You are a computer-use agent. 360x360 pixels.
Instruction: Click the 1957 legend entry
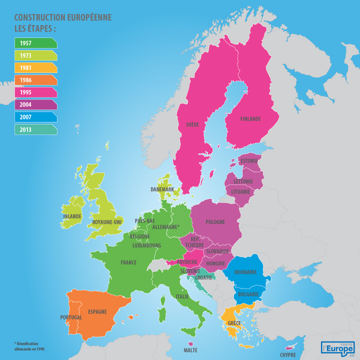point(35,43)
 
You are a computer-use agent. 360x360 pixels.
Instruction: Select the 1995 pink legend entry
point(35,93)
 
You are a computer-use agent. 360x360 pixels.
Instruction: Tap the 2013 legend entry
point(35,130)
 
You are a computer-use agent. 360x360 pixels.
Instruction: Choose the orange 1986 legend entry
point(35,80)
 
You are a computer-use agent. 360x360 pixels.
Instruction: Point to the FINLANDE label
point(250,119)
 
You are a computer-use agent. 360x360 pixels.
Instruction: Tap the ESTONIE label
point(249,161)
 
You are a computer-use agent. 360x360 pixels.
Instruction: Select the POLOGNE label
point(215,222)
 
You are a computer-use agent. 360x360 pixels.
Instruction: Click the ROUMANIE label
point(245,272)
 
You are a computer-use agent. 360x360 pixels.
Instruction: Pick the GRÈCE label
point(234,323)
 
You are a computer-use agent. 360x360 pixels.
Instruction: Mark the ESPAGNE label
point(97,312)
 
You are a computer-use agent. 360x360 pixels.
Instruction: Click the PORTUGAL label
point(71,317)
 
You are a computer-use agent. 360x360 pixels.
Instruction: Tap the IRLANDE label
point(72,217)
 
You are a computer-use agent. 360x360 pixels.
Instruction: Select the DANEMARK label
point(163,189)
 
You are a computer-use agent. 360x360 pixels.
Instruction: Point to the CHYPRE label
point(288,355)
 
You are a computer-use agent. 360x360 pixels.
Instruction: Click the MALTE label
point(190,350)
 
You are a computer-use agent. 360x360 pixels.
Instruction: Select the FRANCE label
point(129,263)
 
